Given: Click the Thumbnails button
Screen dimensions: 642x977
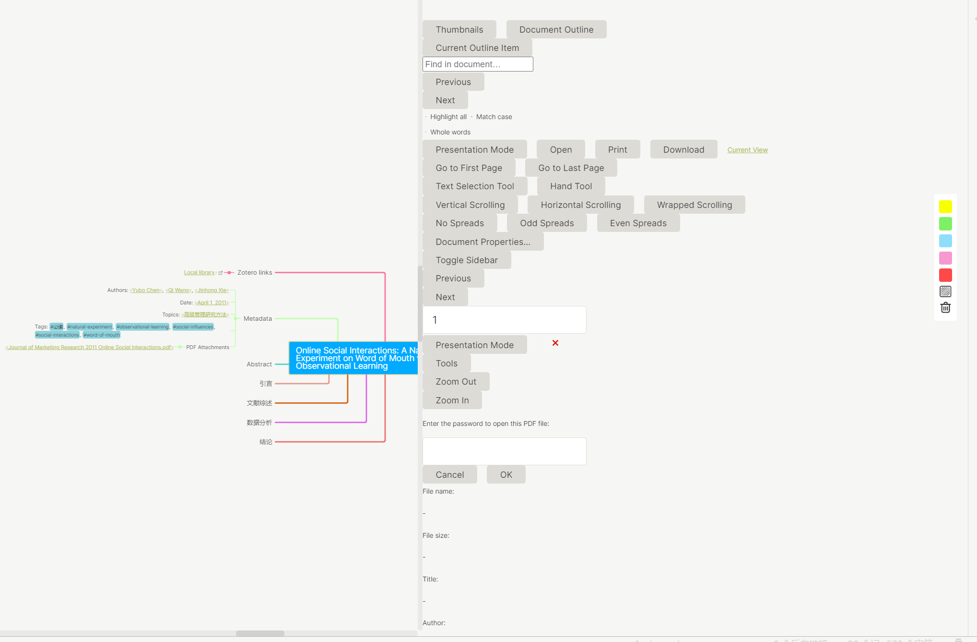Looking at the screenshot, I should click(x=459, y=30).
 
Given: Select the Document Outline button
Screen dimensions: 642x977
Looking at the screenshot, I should click(x=556, y=30).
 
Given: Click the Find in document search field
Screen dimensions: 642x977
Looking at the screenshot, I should click(x=477, y=64).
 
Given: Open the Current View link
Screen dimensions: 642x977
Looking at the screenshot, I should click(x=747, y=150).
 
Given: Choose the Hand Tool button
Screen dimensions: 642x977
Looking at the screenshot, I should click(x=571, y=186).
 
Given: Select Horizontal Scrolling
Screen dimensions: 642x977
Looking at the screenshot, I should click(x=580, y=205).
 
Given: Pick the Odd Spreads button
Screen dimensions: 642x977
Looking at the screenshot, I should click(x=546, y=223).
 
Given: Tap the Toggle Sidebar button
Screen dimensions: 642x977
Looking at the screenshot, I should click(x=466, y=260).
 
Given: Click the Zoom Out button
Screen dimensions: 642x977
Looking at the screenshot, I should click(x=456, y=382).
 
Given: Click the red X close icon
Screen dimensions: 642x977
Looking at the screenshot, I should click(x=555, y=343).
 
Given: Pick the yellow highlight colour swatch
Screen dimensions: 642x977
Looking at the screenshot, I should click(x=945, y=207).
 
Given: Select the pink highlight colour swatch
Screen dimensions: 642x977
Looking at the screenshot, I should click(x=945, y=258).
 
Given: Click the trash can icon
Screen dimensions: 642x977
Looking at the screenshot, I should click(x=945, y=308).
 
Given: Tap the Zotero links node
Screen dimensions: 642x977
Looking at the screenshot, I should click(x=254, y=273).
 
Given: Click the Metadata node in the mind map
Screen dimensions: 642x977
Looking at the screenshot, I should click(x=258, y=319).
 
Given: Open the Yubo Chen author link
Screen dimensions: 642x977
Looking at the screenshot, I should click(x=146, y=291).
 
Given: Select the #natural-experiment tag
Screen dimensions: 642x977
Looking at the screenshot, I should click(x=90, y=327).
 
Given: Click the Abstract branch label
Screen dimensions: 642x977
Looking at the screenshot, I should click(x=259, y=364).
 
